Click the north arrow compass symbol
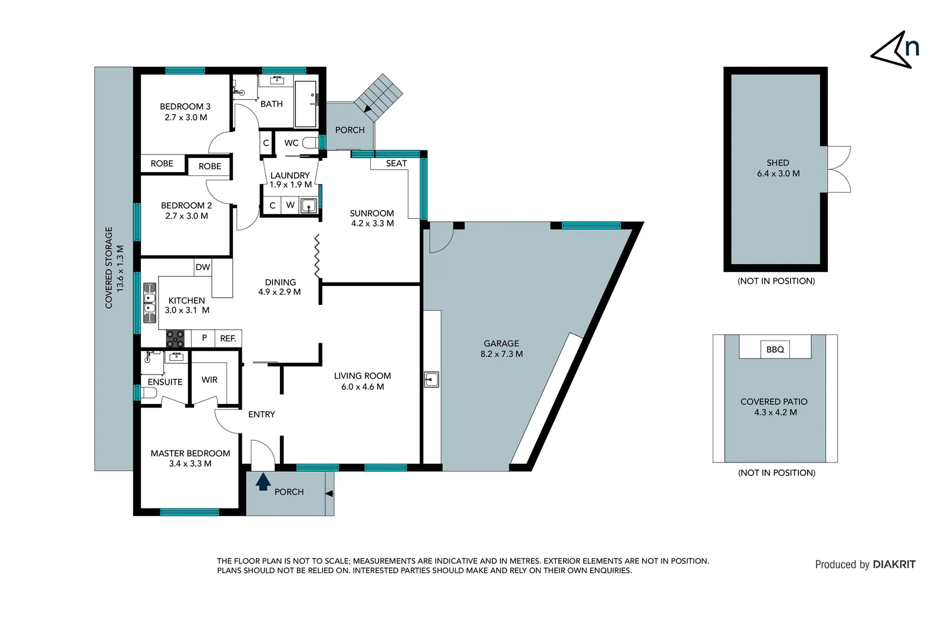click(894, 50)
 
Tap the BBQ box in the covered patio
click(775, 349)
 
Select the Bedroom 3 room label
click(185, 107)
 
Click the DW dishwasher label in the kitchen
click(203, 267)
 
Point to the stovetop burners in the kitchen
click(175, 339)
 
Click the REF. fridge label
click(228, 339)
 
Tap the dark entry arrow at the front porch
click(263, 481)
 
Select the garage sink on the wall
click(432, 379)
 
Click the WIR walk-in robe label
click(209, 380)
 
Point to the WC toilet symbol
click(310, 143)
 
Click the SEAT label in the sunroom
click(396, 163)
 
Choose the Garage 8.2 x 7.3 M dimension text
click(502, 354)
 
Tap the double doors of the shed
click(839, 169)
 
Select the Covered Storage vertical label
click(108, 267)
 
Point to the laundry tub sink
click(308, 206)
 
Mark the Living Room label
click(362, 376)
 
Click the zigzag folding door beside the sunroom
click(317, 257)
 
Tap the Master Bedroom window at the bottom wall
click(189, 512)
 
